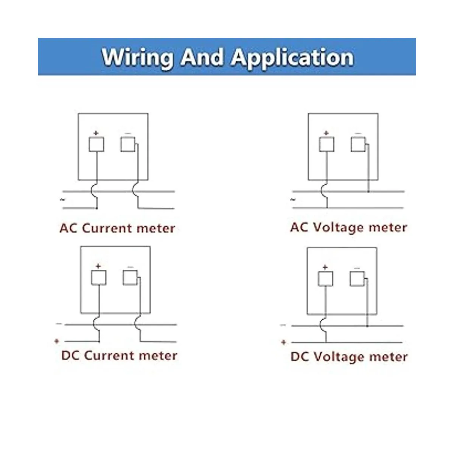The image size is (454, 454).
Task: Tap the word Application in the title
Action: (x=292, y=58)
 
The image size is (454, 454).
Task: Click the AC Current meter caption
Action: (x=117, y=228)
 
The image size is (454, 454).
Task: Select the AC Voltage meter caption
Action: (x=348, y=227)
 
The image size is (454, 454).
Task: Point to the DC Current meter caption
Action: (x=119, y=355)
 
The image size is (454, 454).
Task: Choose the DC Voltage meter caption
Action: (x=349, y=356)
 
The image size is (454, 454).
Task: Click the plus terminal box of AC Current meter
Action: (x=96, y=144)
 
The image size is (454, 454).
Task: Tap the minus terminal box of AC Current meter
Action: (x=127, y=144)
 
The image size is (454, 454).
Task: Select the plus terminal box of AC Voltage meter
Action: (x=327, y=144)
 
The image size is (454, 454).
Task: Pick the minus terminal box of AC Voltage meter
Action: (x=358, y=144)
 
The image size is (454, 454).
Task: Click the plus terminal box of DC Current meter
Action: (x=98, y=278)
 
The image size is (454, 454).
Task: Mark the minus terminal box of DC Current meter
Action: (x=130, y=278)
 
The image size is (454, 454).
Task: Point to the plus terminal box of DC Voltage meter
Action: (x=325, y=279)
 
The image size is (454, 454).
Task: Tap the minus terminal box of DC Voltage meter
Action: (x=357, y=279)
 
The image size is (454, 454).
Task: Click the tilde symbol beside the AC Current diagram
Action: (x=62, y=200)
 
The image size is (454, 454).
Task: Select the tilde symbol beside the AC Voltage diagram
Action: (x=293, y=199)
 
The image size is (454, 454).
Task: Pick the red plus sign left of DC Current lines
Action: (x=57, y=341)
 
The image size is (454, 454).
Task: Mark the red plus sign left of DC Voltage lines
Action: (x=283, y=342)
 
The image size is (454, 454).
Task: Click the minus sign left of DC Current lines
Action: (x=59, y=324)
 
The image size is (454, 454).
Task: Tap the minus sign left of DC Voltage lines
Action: (x=283, y=325)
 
